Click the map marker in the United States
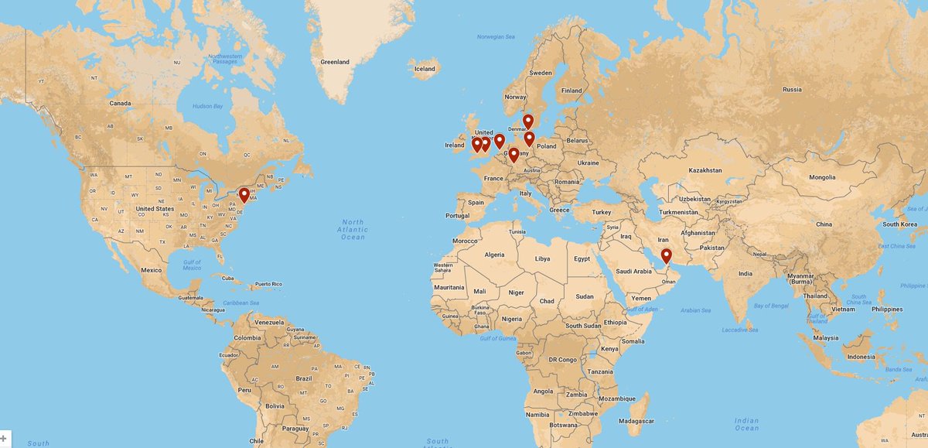click(x=244, y=195)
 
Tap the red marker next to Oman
click(x=666, y=256)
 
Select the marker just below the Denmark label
click(x=529, y=139)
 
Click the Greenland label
click(x=335, y=62)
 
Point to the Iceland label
click(x=425, y=69)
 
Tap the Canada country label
click(x=119, y=103)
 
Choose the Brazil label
click(x=304, y=380)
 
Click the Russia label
click(x=792, y=89)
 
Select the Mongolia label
click(x=821, y=177)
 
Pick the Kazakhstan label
click(x=705, y=170)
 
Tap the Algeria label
click(x=493, y=255)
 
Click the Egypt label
click(x=582, y=258)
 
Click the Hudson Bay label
click(x=207, y=106)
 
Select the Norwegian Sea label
click(x=496, y=36)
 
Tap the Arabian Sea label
click(x=695, y=310)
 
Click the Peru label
click(x=244, y=389)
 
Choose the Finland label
click(x=571, y=91)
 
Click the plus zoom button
click(x=3, y=438)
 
